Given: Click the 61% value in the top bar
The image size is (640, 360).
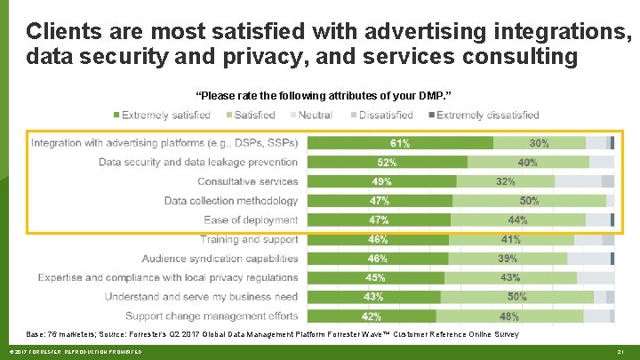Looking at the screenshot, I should click(400, 143).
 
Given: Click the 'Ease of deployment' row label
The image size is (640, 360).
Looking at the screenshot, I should click(251, 220).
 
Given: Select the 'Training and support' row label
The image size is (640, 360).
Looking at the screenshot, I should click(249, 239).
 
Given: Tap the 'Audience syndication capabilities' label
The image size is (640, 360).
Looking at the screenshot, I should click(220, 259).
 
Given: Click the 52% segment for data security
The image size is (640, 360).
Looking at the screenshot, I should click(388, 163).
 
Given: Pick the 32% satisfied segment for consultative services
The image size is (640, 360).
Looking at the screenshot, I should click(505, 181).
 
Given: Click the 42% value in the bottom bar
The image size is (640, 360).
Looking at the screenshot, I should click(372, 316).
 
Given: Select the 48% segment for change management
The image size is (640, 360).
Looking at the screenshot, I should click(509, 316).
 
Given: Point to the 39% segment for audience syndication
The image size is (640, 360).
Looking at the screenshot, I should click(507, 259).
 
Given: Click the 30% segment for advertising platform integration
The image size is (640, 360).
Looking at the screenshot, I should click(539, 143).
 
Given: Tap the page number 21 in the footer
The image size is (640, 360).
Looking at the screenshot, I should click(621, 353).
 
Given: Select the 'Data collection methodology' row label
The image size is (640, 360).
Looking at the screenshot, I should click(231, 201).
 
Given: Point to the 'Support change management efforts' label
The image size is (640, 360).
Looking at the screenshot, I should click(212, 316).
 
